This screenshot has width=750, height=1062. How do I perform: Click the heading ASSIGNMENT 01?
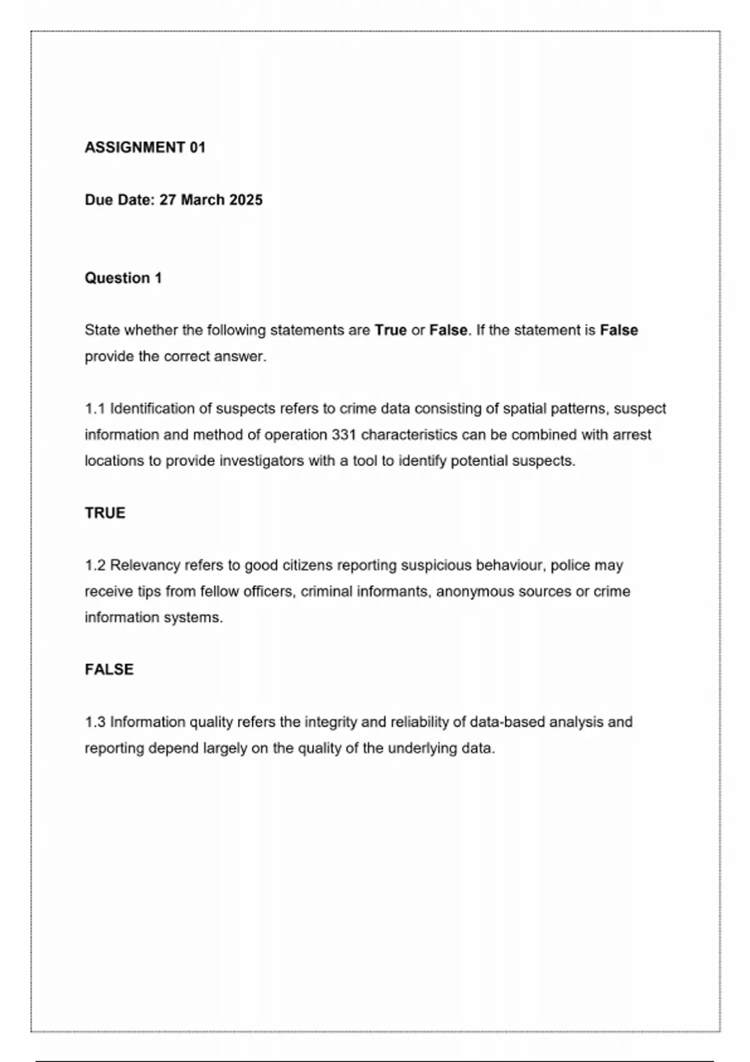click(x=145, y=147)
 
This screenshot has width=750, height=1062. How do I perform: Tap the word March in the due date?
click(x=202, y=200)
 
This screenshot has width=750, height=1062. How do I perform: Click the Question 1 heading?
click(x=123, y=278)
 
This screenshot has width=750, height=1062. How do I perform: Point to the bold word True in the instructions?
click(x=391, y=330)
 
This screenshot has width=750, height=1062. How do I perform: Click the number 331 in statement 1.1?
click(x=344, y=435)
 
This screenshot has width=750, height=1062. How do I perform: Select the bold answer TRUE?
click(x=105, y=513)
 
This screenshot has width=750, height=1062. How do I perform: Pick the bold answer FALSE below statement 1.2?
click(x=109, y=670)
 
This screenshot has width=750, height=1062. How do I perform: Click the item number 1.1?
click(x=95, y=409)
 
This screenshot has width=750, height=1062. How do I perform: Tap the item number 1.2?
click(x=95, y=565)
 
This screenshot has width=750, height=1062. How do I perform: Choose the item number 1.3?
click(x=95, y=722)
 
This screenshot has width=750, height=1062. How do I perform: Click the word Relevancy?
click(x=145, y=565)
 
